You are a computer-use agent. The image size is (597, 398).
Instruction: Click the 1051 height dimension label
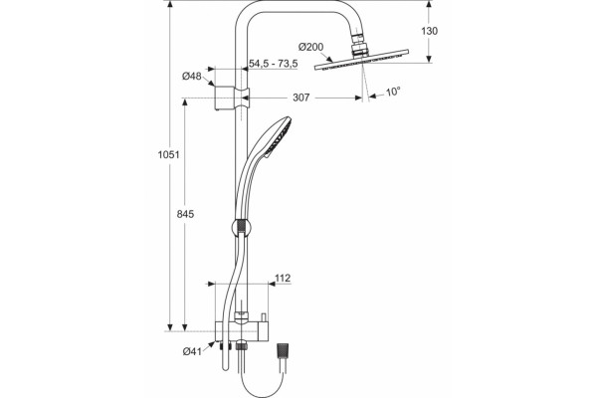click(169, 154)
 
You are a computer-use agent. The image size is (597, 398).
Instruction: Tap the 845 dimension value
click(185, 214)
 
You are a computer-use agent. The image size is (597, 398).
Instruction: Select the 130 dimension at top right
click(429, 31)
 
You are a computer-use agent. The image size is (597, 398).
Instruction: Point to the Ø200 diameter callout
click(311, 47)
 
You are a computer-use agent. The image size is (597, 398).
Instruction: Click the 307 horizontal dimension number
click(301, 98)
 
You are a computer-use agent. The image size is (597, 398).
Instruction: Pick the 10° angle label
click(393, 92)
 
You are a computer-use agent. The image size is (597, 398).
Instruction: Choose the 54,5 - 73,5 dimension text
click(274, 64)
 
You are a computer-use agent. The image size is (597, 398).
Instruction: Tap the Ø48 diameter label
click(191, 77)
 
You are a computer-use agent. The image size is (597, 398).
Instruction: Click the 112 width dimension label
click(283, 278)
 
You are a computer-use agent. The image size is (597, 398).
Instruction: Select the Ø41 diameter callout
click(192, 351)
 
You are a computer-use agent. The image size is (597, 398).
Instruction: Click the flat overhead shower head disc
click(361, 60)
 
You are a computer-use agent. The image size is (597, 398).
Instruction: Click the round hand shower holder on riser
click(241, 229)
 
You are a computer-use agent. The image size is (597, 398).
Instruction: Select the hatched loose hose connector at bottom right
click(282, 351)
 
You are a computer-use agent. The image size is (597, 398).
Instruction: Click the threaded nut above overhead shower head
click(360, 46)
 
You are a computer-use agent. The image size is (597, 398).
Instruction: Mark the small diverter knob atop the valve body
click(263, 316)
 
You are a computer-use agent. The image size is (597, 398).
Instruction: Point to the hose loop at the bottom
click(262, 388)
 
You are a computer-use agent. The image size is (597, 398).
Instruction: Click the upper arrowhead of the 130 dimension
click(429, 4)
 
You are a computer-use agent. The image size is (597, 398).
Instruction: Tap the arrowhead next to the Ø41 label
click(211, 344)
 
